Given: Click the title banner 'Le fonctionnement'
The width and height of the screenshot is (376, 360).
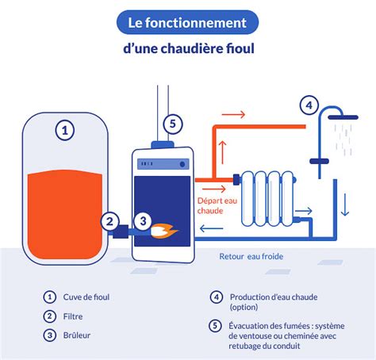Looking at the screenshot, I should click(187, 23).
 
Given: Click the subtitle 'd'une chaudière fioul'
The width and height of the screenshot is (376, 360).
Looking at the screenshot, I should click(187, 49).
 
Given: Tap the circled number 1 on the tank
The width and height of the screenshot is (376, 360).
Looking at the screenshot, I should click(65, 129).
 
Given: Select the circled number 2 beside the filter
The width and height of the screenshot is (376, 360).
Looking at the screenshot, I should click(111, 222).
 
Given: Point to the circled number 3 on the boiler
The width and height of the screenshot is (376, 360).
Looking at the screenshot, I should click(143, 222).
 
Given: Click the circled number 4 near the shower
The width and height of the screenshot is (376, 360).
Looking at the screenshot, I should click(309, 105).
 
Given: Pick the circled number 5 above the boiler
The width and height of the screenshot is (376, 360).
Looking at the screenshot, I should click(173, 124).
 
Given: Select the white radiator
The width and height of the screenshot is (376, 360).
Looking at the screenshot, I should click(267, 197).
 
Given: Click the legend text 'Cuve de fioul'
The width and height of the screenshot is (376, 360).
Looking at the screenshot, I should click(86, 297).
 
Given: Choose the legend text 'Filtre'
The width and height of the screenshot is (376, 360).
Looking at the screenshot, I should click(75, 316).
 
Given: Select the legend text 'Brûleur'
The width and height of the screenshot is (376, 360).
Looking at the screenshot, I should click(78, 335).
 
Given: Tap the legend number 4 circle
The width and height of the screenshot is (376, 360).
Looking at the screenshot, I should click(216, 297).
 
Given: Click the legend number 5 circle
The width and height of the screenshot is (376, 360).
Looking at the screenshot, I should click(216, 325).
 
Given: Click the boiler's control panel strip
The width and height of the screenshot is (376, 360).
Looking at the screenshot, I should click(162, 165).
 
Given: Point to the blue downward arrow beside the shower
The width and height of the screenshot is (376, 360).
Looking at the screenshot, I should click(345, 206).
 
